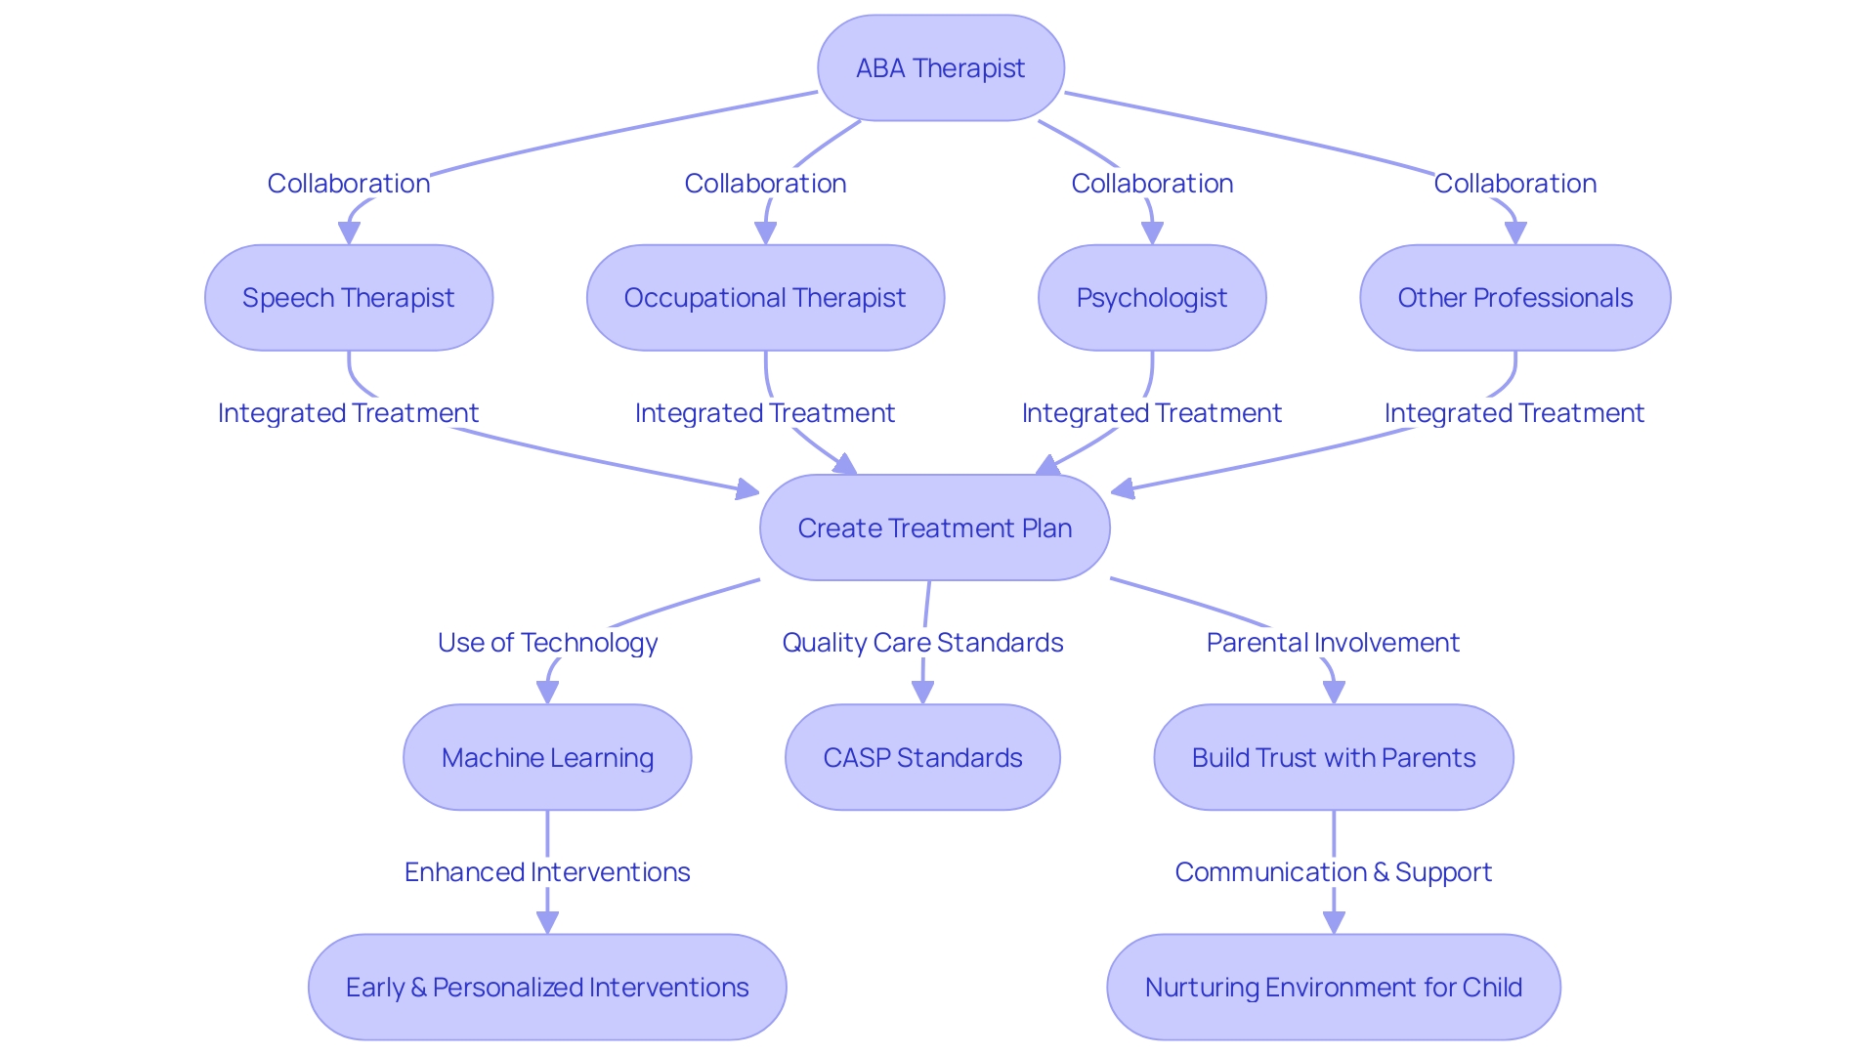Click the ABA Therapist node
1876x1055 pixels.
pos(940,68)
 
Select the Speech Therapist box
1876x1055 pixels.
pos(349,298)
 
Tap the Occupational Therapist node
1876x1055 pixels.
pos(765,298)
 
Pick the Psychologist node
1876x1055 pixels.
pos(1152,298)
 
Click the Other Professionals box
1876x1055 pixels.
pos(1514,298)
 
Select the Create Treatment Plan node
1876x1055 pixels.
pos(934,527)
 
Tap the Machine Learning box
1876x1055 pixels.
pos(547,757)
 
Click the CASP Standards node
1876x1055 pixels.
pos(922,757)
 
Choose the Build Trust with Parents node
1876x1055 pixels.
pos(1334,757)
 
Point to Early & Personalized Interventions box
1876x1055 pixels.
pos(547,987)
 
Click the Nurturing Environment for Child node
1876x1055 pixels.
pos(1334,987)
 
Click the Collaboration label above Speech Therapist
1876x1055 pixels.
pos(349,184)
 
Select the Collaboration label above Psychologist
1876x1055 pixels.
pos(1152,184)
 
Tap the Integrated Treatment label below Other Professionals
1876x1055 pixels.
pos(1514,413)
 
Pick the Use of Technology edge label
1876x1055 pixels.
pos(547,643)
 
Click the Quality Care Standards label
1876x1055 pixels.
pos(922,643)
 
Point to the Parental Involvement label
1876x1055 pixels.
pos(1333,643)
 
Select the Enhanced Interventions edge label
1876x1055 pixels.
pos(547,872)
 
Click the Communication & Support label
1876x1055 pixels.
pos(1333,872)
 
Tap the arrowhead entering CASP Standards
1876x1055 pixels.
pos(922,694)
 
